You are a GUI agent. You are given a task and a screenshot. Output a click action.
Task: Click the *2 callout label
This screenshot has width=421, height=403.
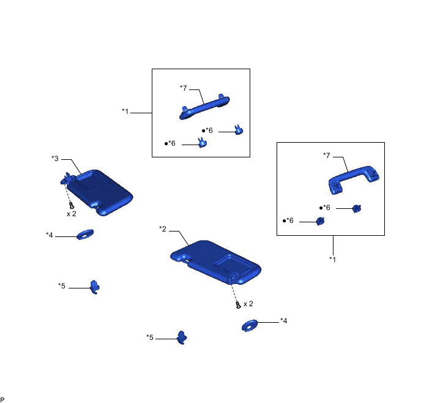click(163, 229)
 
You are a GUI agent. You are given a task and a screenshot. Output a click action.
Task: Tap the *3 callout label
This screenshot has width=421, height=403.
click(55, 159)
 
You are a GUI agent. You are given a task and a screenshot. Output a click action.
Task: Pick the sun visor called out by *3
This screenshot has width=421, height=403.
click(97, 192)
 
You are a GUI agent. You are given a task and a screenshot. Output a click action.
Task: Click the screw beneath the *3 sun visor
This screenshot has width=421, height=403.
click(72, 206)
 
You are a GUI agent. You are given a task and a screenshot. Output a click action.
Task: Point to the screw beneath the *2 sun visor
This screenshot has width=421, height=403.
click(238, 305)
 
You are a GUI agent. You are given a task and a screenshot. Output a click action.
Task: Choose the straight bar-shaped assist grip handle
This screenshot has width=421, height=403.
click(204, 107)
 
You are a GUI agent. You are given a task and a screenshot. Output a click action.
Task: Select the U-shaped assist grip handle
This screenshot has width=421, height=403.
click(354, 179)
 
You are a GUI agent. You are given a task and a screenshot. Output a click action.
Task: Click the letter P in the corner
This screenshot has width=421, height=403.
click(2, 399)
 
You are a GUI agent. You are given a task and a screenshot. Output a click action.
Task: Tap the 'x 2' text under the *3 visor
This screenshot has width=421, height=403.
click(72, 214)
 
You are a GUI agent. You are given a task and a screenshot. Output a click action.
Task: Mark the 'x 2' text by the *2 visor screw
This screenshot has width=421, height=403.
click(248, 304)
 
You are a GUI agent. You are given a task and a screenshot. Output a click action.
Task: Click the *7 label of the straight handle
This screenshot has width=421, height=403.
click(184, 88)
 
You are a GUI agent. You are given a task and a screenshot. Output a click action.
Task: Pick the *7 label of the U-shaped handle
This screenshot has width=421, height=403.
click(327, 155)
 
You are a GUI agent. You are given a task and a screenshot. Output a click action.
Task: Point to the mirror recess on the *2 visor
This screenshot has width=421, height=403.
click(234, 265)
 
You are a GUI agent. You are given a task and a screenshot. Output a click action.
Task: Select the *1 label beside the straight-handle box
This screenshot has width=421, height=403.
click(125, 111)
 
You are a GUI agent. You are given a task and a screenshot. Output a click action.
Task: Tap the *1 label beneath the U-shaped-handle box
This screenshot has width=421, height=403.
click(333, 259)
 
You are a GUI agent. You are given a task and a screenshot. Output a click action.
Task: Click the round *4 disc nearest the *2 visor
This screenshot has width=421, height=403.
click(250, 325)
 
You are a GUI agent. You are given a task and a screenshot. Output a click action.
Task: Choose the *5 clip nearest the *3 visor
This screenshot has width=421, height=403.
click(94, 287)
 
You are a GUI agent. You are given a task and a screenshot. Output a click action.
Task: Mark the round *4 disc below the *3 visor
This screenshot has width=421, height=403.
click(85, 235)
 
